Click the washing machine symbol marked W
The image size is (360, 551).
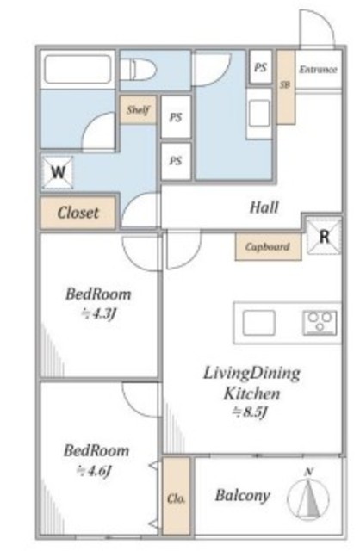tap(58, 172)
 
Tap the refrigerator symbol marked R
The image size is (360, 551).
tap(324, 236)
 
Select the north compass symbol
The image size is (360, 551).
tap(308, 495)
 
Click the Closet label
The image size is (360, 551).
tap(78, 213)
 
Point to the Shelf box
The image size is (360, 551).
tap(138, 109)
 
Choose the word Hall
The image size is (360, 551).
tap(264, 207)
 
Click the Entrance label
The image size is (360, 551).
tap(318, 70)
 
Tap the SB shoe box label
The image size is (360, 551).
tap(285, 84)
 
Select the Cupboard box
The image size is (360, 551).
tap(268, 247)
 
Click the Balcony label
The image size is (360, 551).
tap(243, 495)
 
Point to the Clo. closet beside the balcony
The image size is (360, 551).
tap(177, 496)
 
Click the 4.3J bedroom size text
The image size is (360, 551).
tap(98, 313)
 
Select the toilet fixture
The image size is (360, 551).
tap(138, 70)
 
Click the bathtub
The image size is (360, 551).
tap(78, 69)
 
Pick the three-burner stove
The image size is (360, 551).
tap(320, 323)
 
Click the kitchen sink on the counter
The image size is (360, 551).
tap(259, 323)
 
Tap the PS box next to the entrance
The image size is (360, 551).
tap(260, 67)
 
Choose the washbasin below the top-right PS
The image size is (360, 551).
tap(259, 113)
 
